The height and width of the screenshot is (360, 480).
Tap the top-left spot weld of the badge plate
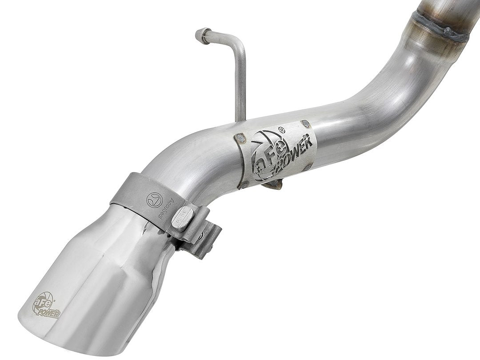[x=240, y=139]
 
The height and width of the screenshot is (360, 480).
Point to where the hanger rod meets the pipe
[x=240, y=118]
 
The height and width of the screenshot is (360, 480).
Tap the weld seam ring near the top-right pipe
[x=440, y=27]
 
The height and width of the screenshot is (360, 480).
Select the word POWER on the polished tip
[x=50, y=312]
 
